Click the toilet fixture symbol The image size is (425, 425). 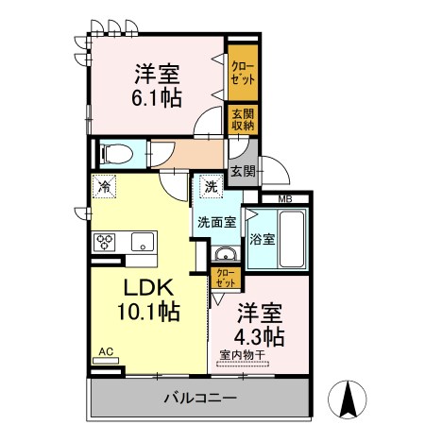point(115,154)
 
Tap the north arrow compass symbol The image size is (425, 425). point(348,399)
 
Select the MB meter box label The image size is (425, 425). point(285,199)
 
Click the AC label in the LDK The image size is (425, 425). point(106,351)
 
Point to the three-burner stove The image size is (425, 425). point(105,242)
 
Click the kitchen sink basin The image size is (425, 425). point(143,242)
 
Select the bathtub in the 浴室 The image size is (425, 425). point(292,239)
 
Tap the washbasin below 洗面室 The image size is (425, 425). point(226,254)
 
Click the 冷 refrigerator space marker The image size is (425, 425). point(104,187)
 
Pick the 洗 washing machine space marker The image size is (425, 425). point(211,187)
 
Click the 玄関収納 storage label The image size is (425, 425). point(243,120)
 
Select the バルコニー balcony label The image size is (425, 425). point(200,399)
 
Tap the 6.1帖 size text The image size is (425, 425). point(157,97)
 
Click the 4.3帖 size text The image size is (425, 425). point(259,336)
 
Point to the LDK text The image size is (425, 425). point(148,287)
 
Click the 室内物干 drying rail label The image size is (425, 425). point(243,355)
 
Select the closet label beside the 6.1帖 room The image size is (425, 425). point(243,73)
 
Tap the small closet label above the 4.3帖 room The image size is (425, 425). point(226,278)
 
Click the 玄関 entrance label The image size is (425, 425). point(243,172)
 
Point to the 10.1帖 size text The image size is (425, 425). point(148,312)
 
